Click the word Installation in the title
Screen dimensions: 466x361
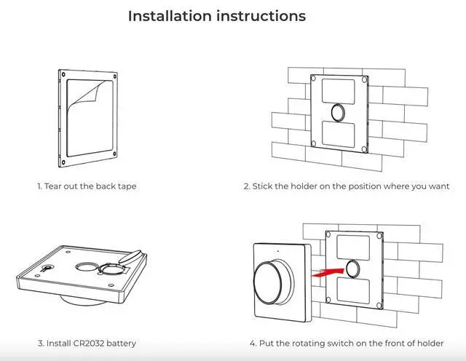(170, 16)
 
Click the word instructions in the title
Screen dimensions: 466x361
(261, 16)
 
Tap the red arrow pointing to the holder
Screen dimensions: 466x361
(328, 272)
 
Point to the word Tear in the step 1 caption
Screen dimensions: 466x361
(52, 186)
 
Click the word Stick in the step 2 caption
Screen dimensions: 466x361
(261, 186)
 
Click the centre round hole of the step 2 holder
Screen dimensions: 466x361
(338, 112)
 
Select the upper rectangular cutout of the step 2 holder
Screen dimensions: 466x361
(338, 91)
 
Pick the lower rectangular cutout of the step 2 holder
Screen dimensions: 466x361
(338, 134)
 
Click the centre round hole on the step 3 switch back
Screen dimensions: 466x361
(86, 266)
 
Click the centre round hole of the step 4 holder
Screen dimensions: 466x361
(352, 269)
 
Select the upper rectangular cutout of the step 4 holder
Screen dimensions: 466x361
(353, 247)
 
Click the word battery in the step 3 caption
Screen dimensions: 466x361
(122, 344)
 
